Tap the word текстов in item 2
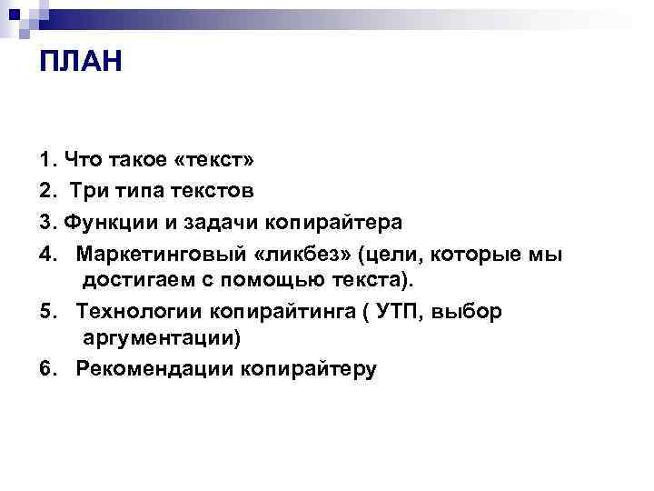(x=218, y=191)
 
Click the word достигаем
(x=136, y=279)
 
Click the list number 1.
(x=47, y=161)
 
